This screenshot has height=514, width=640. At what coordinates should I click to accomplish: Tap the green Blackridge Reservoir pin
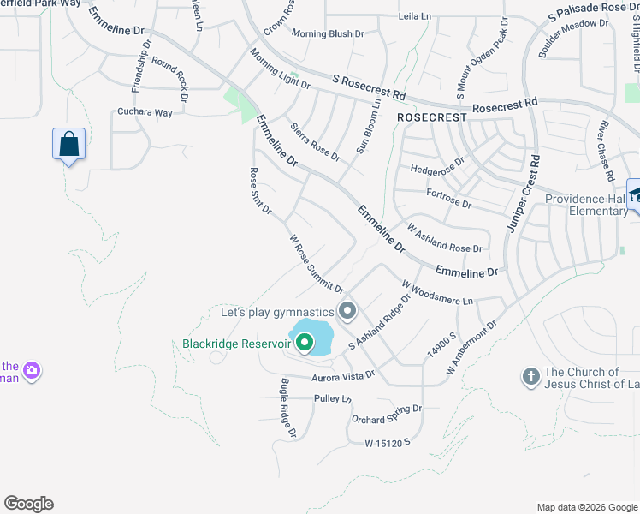coord(304,344)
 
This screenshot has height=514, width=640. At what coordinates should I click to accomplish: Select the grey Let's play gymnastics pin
coord(347,311)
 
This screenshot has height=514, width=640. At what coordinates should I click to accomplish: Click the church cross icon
coord(530,375)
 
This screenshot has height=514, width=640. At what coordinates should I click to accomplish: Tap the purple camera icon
coord(32,371)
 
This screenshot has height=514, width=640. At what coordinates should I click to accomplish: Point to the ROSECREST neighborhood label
coord(431,117)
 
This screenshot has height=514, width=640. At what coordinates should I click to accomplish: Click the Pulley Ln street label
coord(332,399)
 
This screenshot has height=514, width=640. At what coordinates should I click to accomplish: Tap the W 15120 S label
coord(388,443)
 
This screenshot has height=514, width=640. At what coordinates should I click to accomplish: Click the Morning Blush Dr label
coord(328,33)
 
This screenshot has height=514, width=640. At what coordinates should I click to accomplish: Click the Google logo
coord(28,504)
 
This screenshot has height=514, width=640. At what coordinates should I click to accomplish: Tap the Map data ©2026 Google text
coord(586,507)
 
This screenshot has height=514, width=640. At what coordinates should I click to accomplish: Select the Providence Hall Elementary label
coord(587,205)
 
